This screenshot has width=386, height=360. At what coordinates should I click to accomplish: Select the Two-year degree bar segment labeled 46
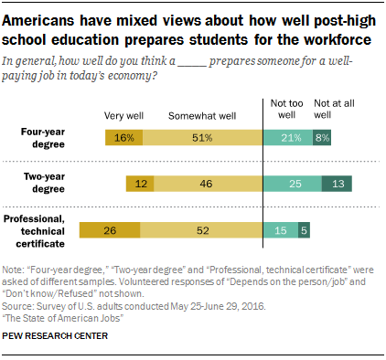(207, 185)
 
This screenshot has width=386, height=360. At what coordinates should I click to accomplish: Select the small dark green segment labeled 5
(304, 231)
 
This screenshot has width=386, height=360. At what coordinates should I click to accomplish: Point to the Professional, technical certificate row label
(41, 230)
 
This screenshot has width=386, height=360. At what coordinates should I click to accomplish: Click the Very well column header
(123, 115)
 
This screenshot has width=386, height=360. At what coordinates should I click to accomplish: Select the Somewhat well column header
(203, 115)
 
